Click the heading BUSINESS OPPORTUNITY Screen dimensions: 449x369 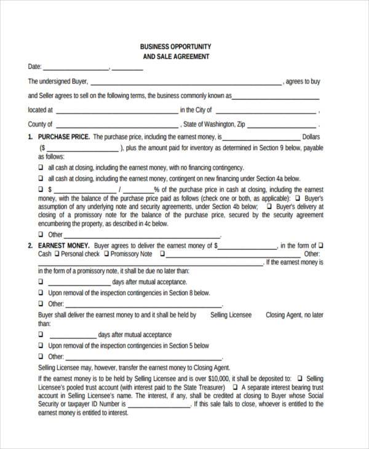coord(175,47)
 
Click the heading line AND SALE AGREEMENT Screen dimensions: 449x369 coord(175,57)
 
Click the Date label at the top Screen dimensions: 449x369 coord(34,66)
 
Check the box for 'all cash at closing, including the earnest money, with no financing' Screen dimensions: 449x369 coord(41,167)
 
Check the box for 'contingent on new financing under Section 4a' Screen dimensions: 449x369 coord(41,178)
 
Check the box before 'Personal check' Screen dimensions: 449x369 coord(57,254)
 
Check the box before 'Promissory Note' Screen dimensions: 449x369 coord(106,254)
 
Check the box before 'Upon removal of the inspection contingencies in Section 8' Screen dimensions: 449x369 coord(41,293)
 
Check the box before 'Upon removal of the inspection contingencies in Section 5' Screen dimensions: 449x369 coord(41,346)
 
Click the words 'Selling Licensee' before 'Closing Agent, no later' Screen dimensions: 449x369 coord(231,315)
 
